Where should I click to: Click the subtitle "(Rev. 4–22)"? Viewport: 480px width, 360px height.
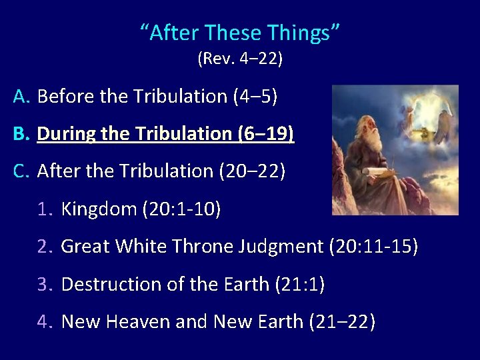(240, 59)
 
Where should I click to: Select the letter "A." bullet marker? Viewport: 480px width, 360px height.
(22, 97)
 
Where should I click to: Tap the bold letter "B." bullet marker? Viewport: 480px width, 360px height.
(22, 134)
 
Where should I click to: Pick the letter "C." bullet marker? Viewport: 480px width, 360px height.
(22, 171)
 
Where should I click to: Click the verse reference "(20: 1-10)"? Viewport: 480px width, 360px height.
(181, 209)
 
